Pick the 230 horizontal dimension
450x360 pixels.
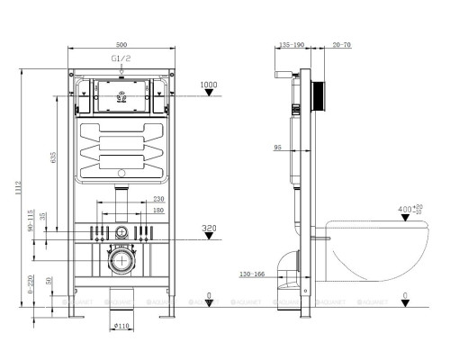pos(157,199)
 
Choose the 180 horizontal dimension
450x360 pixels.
pos(157,210)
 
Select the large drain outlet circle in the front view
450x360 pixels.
pos(119,263)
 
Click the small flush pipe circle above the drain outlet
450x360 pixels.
pos(120,232)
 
